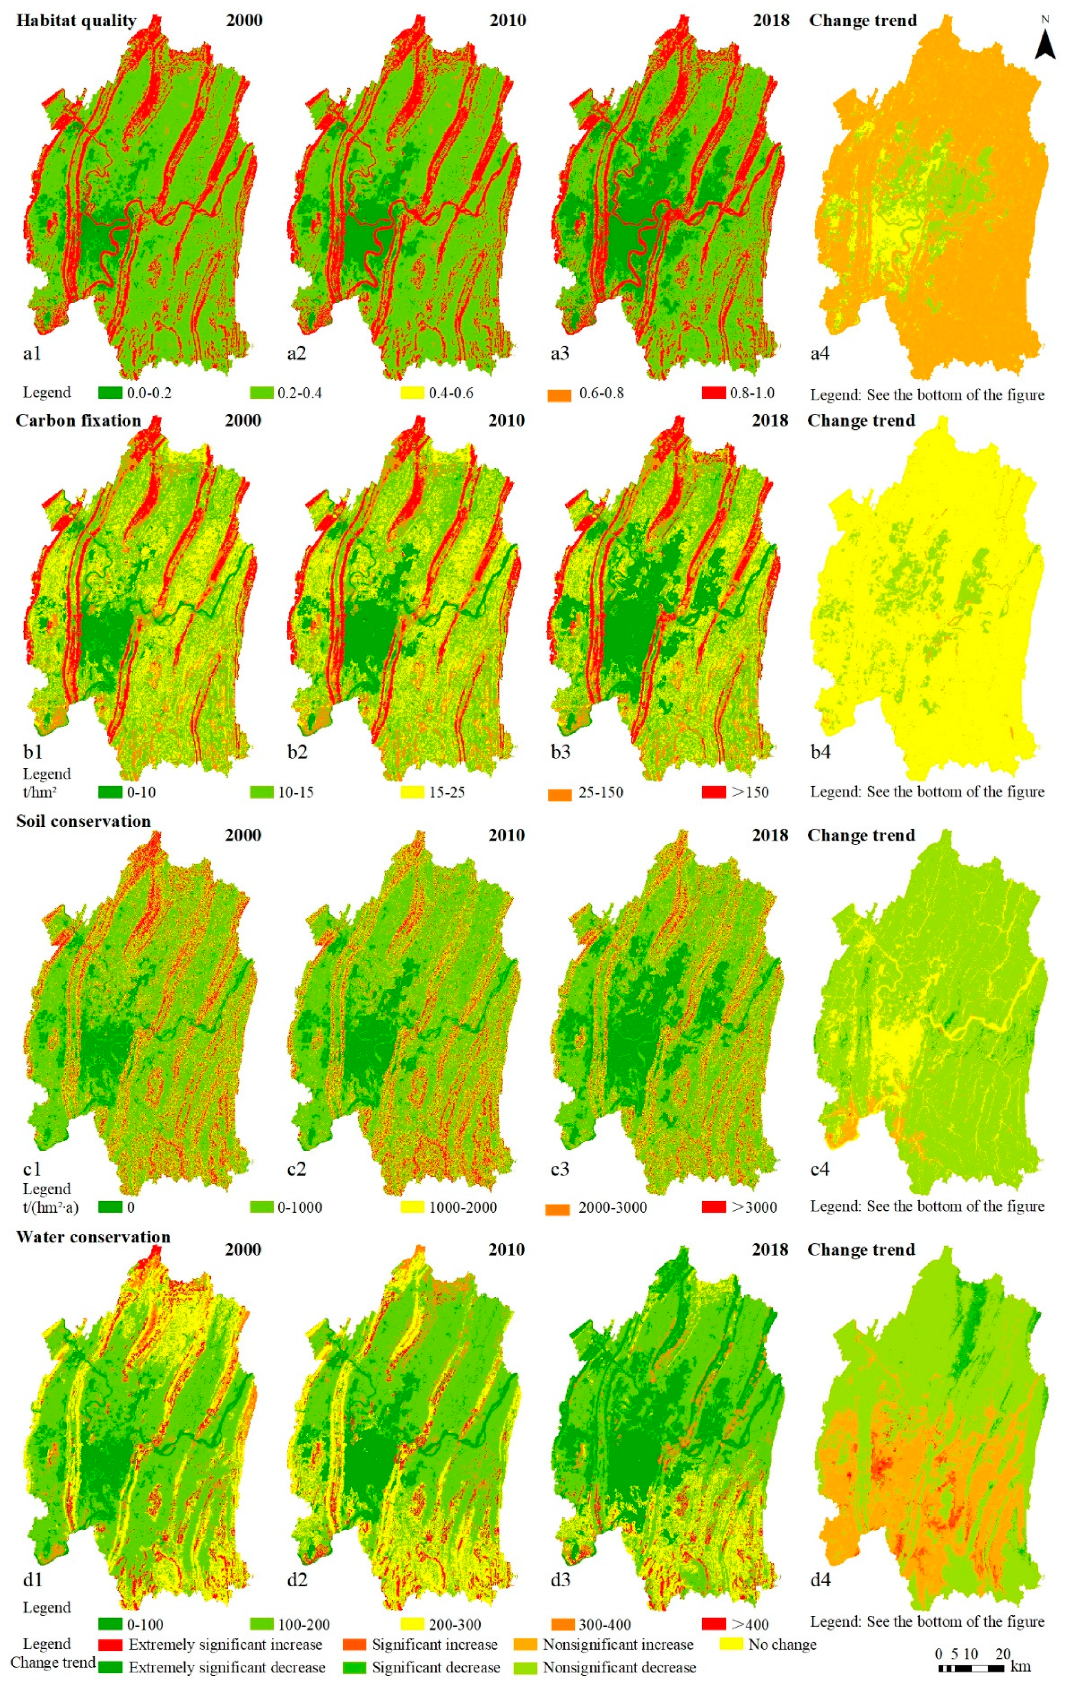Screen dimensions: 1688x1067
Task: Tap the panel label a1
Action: point(32,353)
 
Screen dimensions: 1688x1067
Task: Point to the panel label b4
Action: point(820,752)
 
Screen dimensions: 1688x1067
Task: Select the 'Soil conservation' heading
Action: point(84,821)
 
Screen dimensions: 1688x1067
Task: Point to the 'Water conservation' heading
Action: point(93,1237)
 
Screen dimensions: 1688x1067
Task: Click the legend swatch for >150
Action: point(714,792)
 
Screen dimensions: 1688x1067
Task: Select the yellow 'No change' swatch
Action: point(731,1645)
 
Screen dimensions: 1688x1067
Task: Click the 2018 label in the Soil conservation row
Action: point(771,835)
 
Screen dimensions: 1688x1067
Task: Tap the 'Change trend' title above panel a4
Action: point(863,20)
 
